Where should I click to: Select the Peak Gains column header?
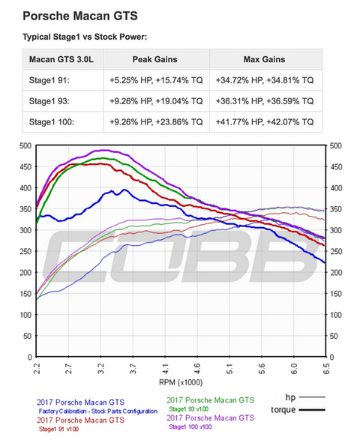155,59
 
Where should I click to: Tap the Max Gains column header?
265,59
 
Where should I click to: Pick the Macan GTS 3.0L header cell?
62,59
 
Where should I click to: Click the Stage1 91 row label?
50,79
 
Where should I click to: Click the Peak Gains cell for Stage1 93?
155,99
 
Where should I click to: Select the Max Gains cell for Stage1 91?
265,79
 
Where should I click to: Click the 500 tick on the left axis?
25,145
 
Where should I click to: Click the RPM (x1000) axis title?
180,382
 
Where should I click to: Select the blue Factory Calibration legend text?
97,411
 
